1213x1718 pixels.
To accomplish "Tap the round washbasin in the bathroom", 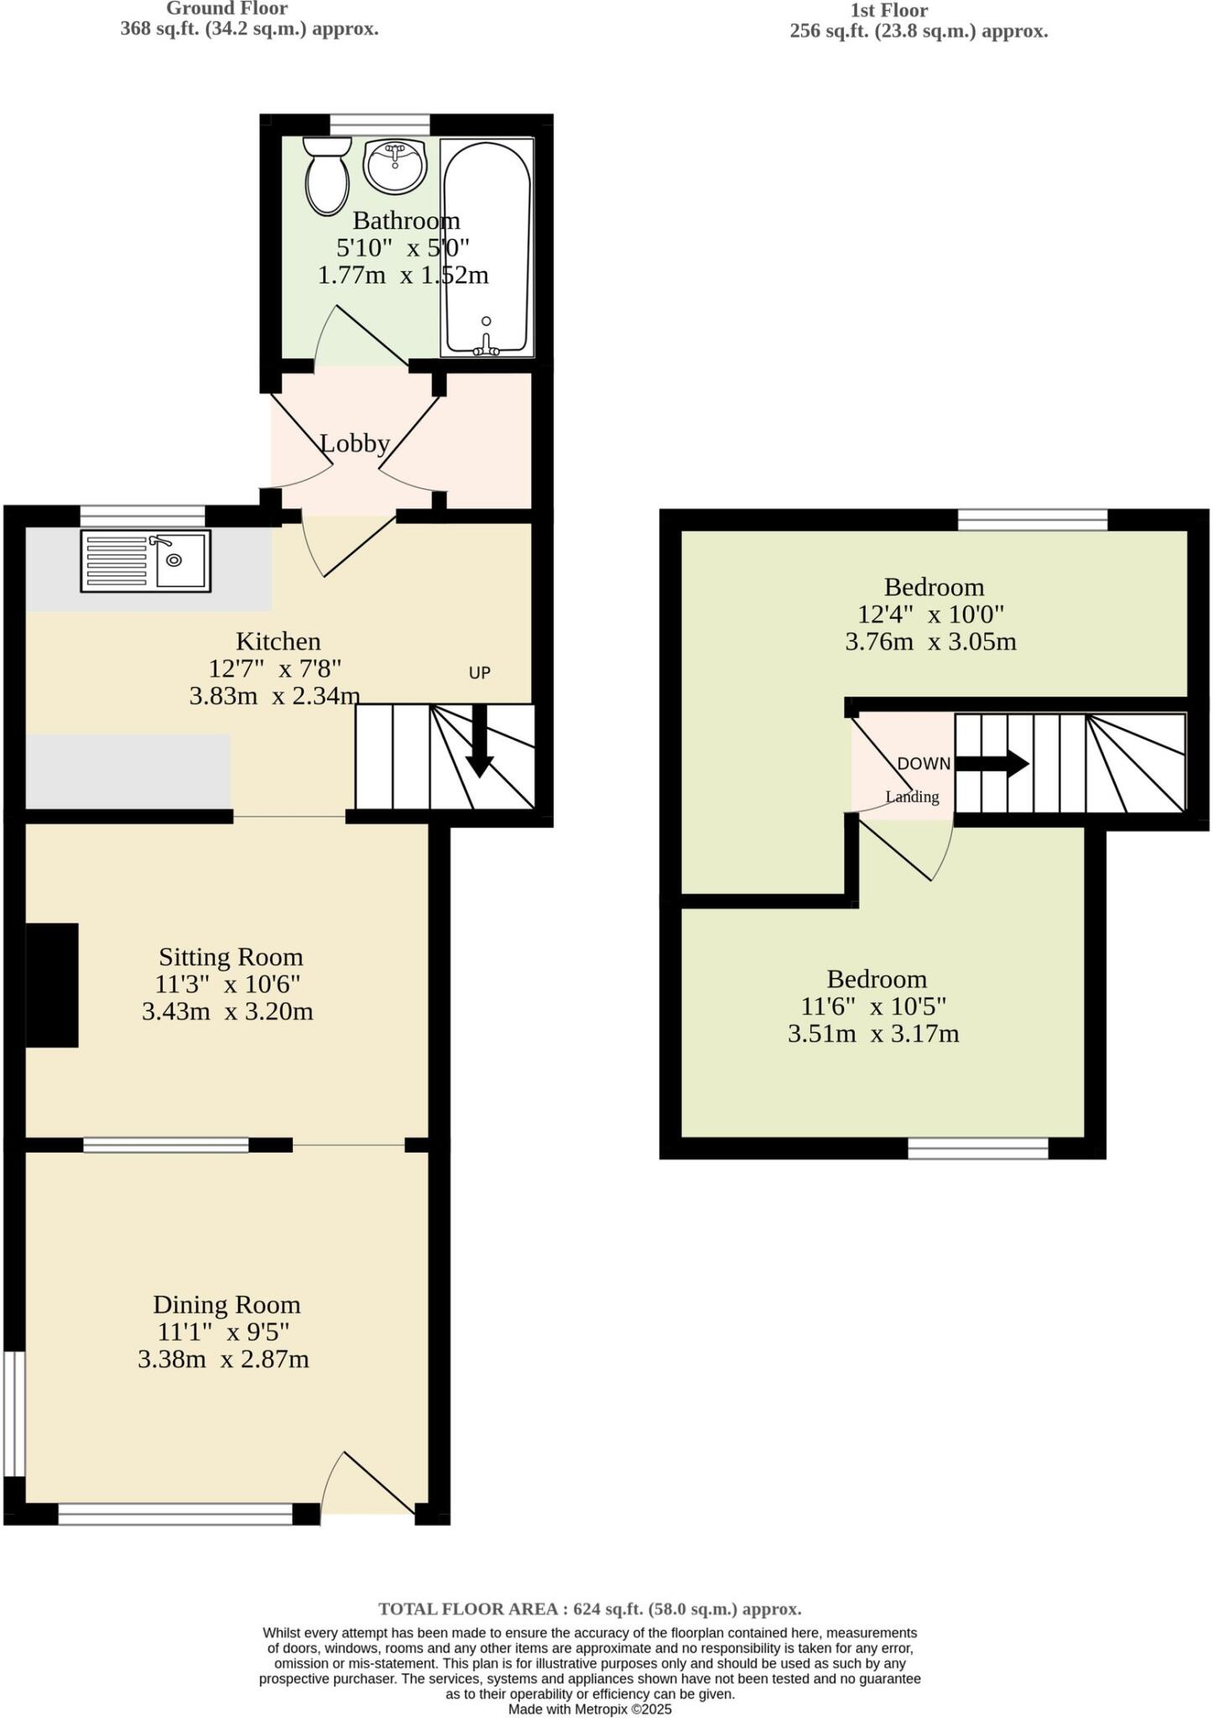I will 395,165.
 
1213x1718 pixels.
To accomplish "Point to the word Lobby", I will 355,444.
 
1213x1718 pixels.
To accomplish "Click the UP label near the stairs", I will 479,673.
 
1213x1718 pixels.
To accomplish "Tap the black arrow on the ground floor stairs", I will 479,742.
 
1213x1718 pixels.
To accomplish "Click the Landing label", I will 913,797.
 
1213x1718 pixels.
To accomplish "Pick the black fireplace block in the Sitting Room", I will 52,985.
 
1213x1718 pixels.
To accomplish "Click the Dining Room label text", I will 226,1304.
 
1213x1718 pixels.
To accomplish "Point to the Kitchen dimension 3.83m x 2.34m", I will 274,695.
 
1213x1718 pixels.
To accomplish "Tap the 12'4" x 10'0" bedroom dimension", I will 930,615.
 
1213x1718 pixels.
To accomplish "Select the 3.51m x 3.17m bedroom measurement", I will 872,1033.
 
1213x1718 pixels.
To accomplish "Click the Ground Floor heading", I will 226,9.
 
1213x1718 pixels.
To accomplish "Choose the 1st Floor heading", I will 888,11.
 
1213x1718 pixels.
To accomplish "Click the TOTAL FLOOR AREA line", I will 590,1609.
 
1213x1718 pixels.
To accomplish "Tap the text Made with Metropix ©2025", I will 590,1709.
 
